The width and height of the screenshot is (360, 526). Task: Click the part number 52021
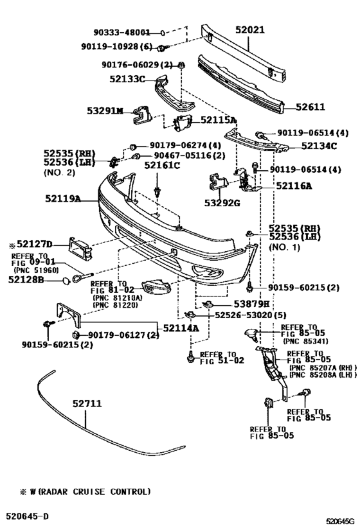(250, 30)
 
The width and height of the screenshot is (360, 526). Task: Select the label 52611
(310, 107)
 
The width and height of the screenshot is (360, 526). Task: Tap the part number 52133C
(127, 79)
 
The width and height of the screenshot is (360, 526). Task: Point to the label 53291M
(105, 110)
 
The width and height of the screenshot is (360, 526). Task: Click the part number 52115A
(219, 119)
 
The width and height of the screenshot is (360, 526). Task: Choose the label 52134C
(319, 146)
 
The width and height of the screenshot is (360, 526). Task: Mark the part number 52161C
(162, 165)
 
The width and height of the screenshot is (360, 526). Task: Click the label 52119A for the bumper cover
(63, 198)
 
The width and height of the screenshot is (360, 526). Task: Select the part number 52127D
(35, 244)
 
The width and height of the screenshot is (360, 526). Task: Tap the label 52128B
(26, 279)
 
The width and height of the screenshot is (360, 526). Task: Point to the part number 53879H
(251, 304)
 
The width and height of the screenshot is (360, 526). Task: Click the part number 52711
(87, 403)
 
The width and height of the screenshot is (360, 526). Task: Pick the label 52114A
(181, 328)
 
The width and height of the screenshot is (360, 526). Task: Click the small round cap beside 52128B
(66, 280)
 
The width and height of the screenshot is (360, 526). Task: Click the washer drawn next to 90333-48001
(163, 33)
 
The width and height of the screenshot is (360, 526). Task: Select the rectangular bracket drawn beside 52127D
(80, 249)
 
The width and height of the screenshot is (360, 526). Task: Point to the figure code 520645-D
(26, 516)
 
